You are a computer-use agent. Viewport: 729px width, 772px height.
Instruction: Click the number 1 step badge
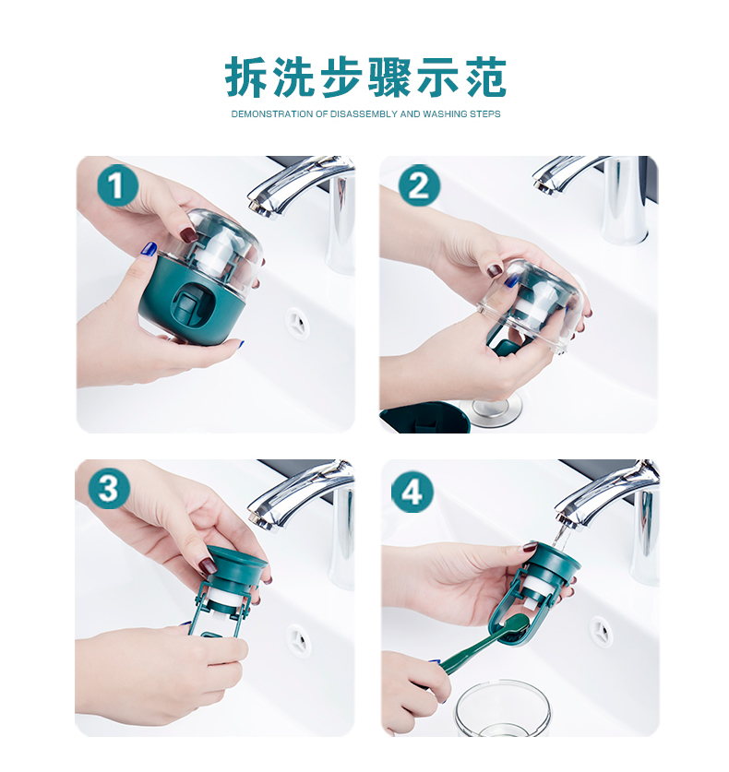(x=116, y=186)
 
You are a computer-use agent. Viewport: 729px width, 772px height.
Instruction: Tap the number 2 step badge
(x=419, y=185)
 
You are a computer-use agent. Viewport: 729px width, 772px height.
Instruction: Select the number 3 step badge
(x=108, y=489)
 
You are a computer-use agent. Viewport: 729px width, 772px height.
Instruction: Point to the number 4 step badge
(x=412, y=492)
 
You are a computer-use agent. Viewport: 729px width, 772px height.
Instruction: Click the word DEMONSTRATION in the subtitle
(x=272, y=114)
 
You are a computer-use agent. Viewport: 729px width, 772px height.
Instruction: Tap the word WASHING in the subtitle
(x=445, y=114)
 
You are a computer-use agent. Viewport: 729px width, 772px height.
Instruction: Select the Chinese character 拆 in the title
(x=245, y=77)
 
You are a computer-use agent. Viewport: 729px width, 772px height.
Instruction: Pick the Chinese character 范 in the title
(x=486, y=77)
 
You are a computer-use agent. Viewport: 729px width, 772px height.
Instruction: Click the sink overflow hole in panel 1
(x=297, y=323)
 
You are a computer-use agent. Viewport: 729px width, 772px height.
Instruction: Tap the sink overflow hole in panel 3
(x=298, y=640)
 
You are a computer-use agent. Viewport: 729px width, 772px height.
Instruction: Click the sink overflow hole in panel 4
(x=601, y=632)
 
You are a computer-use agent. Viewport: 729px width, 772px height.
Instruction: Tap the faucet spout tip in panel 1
(x=257, y=206)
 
